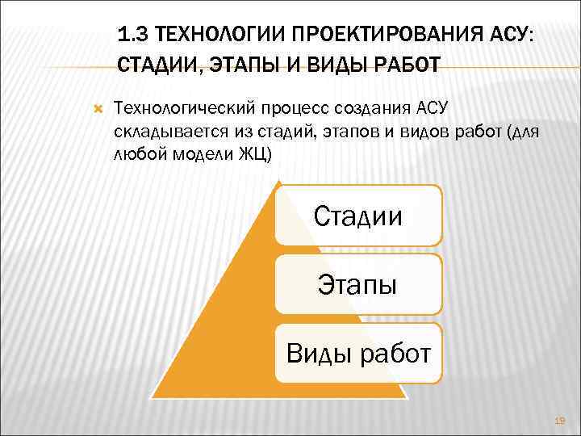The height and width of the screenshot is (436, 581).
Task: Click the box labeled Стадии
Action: (x=358, y=216)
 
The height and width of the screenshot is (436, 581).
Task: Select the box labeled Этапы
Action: (x=358, y=284)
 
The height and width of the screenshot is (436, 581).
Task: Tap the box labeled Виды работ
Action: (x=358, y=353)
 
